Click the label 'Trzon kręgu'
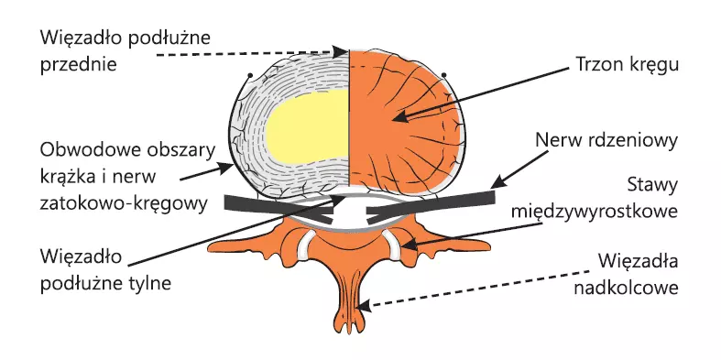[x=627, y=65]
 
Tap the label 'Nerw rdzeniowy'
[x=606, y=141]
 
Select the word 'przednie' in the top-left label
[x=78, y=64]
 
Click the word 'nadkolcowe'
[x=627, y=288]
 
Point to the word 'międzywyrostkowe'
[x=595, y=212]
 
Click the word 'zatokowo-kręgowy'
[x=124, y=203]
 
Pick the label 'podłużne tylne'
[x=105, y=283]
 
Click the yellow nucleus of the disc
[x=307, y=125]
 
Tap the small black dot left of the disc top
[x=250, y=75]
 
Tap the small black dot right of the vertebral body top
[x=443, y=75]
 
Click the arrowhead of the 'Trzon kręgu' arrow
[x=400, y=116]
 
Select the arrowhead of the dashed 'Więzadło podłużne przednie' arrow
[x=340, y=51]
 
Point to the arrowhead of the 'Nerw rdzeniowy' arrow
[x=497, y=181]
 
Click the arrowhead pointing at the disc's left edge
[x=226, y=168]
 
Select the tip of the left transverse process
[x=210, y=248]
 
